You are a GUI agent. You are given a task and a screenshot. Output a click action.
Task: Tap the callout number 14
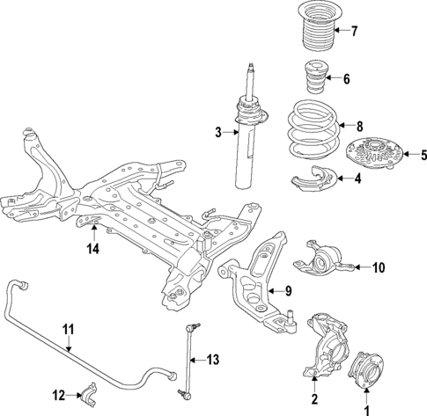click(x=93, y=248)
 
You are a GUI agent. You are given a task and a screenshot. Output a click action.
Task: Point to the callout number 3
click(x=218, y=133)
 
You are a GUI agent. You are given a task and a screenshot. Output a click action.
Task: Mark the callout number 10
click(x=379, y=266)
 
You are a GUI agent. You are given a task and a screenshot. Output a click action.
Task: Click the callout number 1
click(x=369, y=407)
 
